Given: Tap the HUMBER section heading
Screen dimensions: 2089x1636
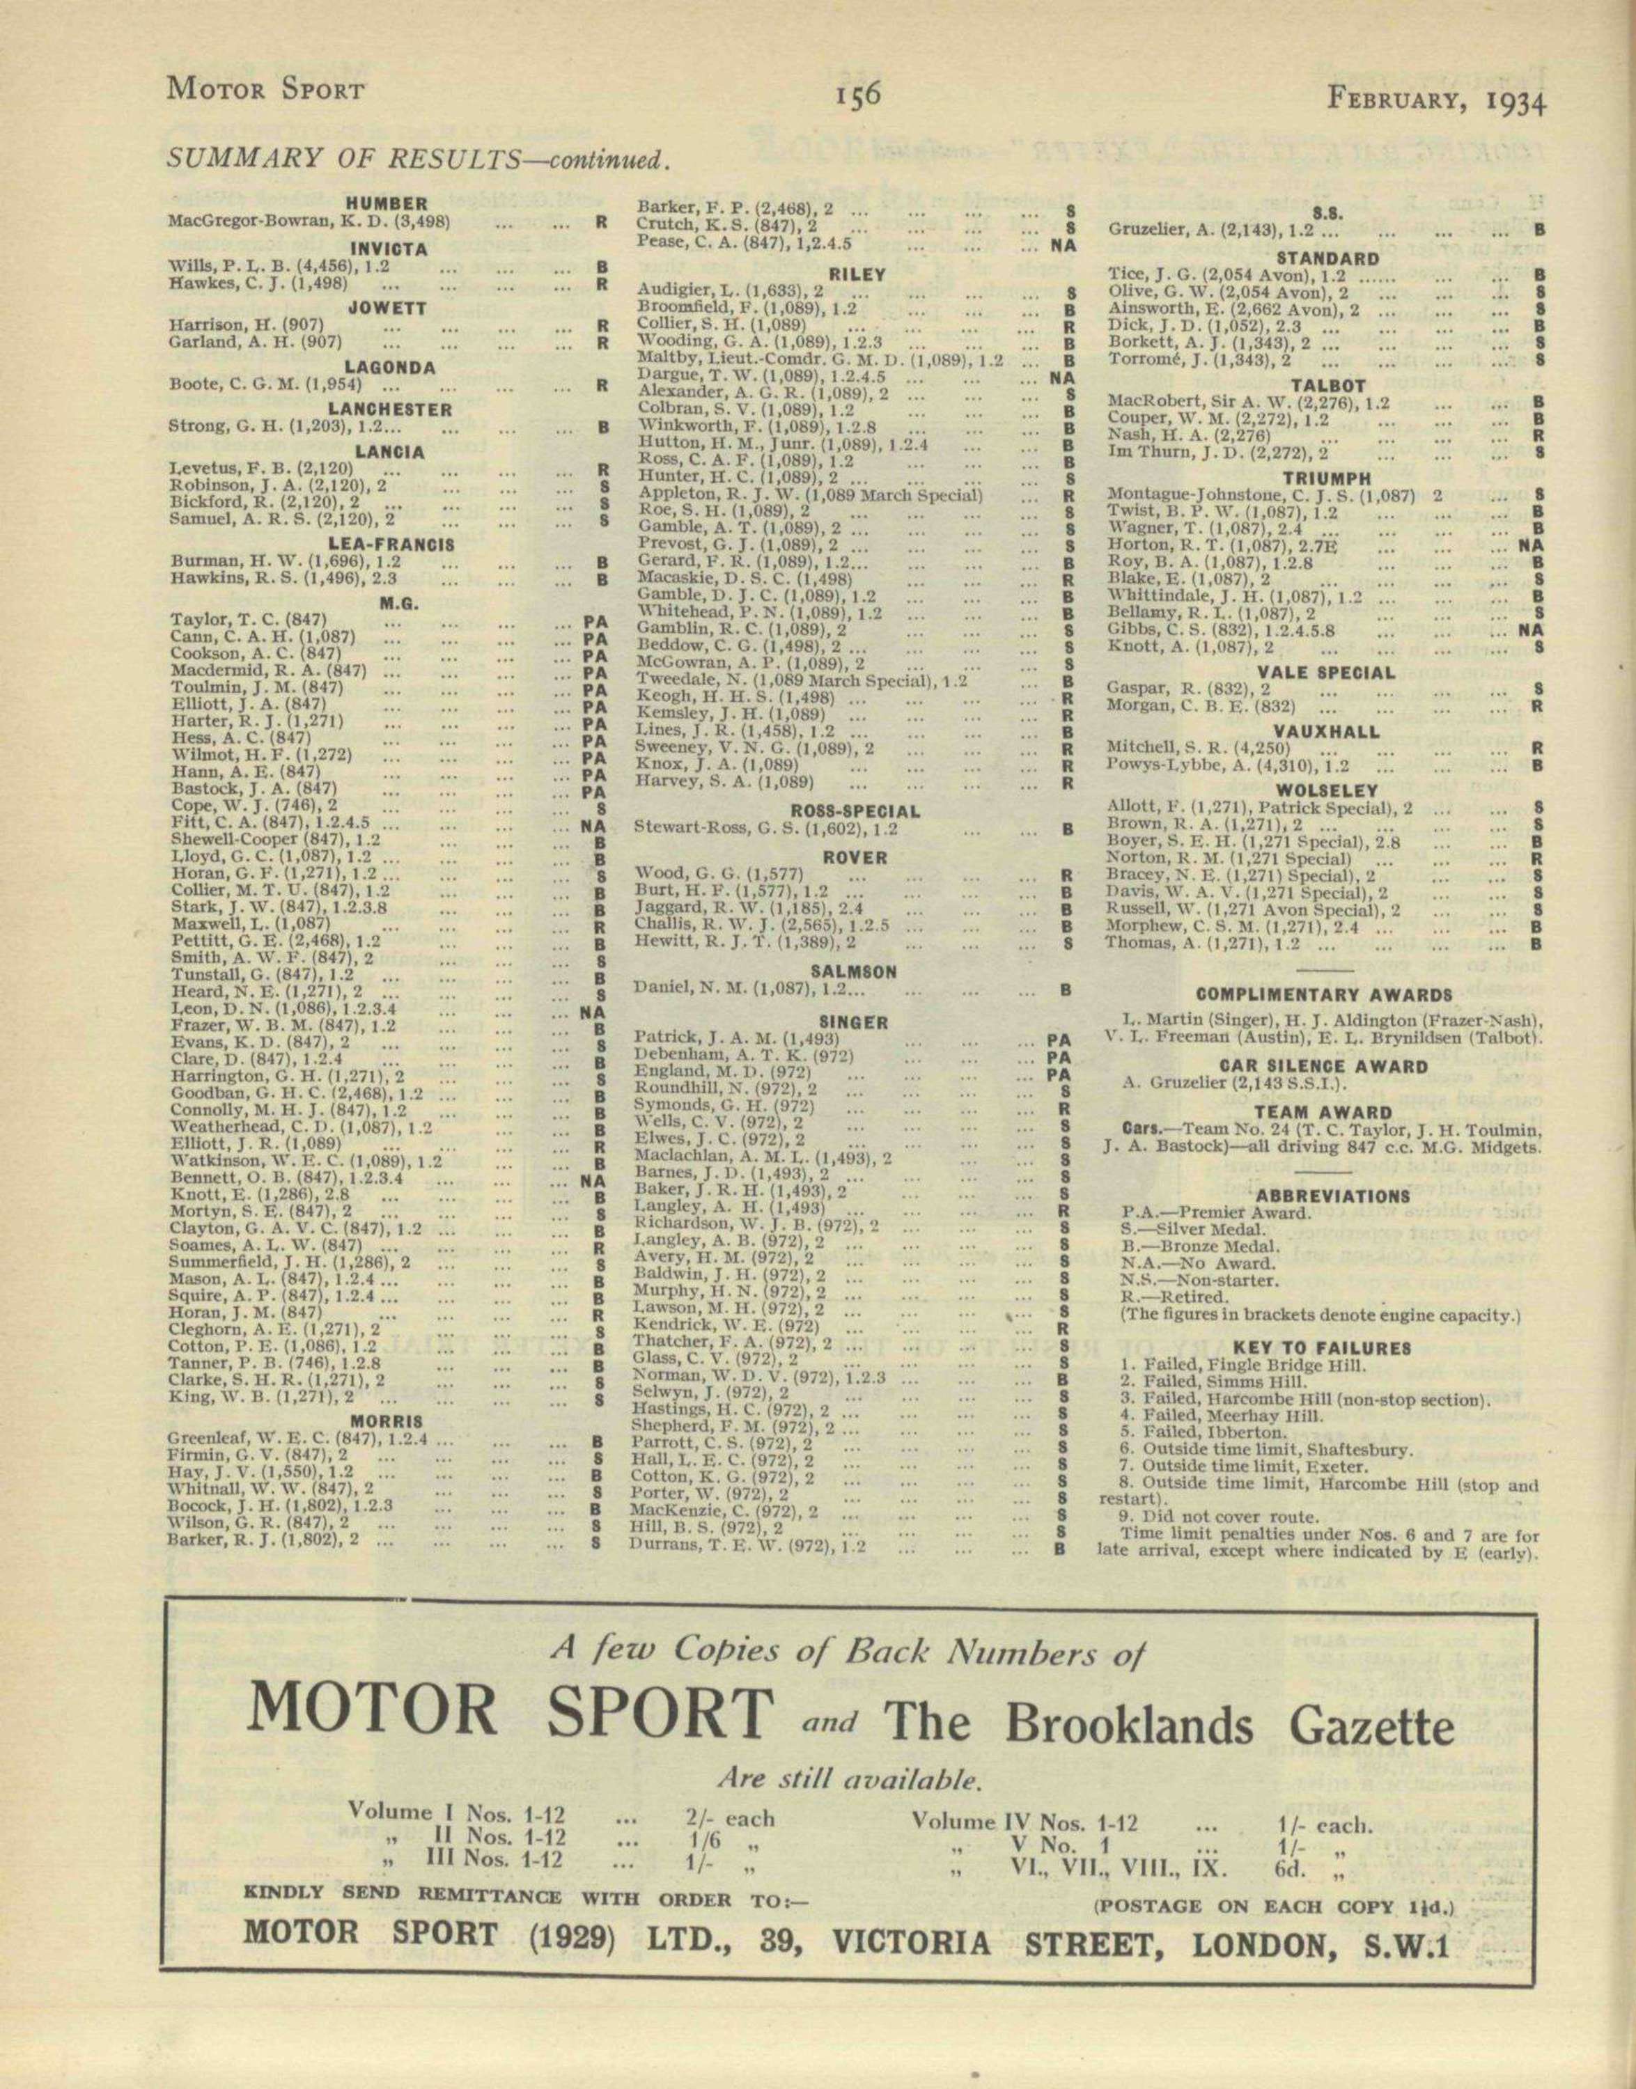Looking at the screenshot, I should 387,204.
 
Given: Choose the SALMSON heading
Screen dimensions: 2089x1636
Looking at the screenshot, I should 855,971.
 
